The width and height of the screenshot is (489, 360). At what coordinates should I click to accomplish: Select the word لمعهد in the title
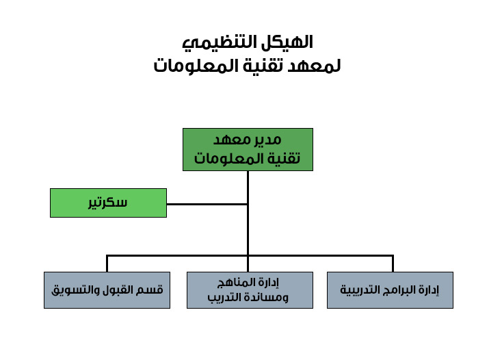click(x=314, y=66)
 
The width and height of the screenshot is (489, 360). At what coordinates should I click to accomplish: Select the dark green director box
click(x=248, y=149)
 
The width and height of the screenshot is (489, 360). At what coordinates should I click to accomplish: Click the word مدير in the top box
click(x=267, y=140)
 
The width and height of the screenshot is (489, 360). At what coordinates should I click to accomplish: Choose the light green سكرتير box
click(x=108, y=203)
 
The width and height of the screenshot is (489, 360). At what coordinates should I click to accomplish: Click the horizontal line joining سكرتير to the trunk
click(x=207, y=205)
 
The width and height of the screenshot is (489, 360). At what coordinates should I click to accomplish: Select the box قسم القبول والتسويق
click(x=107, y=290)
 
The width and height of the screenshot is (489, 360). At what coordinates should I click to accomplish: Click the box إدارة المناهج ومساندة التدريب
click(x=250, y=290)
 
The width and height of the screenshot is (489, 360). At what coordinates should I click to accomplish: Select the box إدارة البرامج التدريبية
click(x=390, y=290)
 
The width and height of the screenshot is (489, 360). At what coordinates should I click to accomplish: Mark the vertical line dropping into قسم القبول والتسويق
click(x=107, y=264)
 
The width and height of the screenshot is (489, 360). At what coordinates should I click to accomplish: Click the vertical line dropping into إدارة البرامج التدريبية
click(x=393, y=264)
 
